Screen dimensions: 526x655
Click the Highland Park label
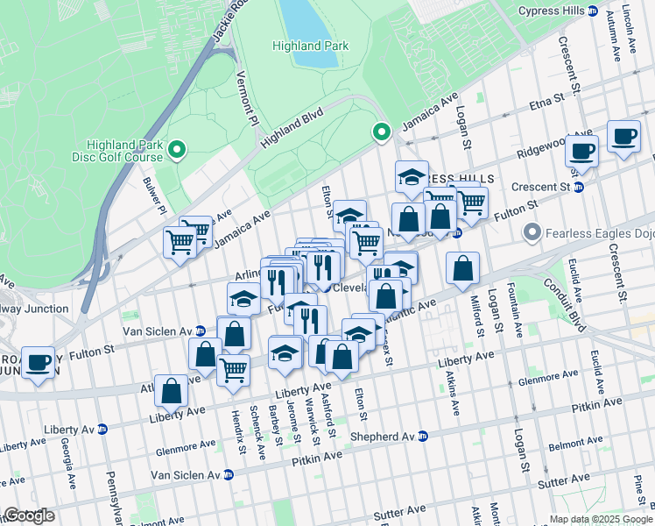coord(310,46)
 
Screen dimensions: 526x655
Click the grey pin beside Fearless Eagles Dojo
coord(532,232)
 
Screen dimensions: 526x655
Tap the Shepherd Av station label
coord(382,437)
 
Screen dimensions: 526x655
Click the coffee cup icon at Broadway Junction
coord(38,362)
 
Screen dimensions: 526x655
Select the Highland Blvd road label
coord(292,126)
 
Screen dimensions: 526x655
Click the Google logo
coord(30,516)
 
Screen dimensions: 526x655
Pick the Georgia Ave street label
coord(67,467)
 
